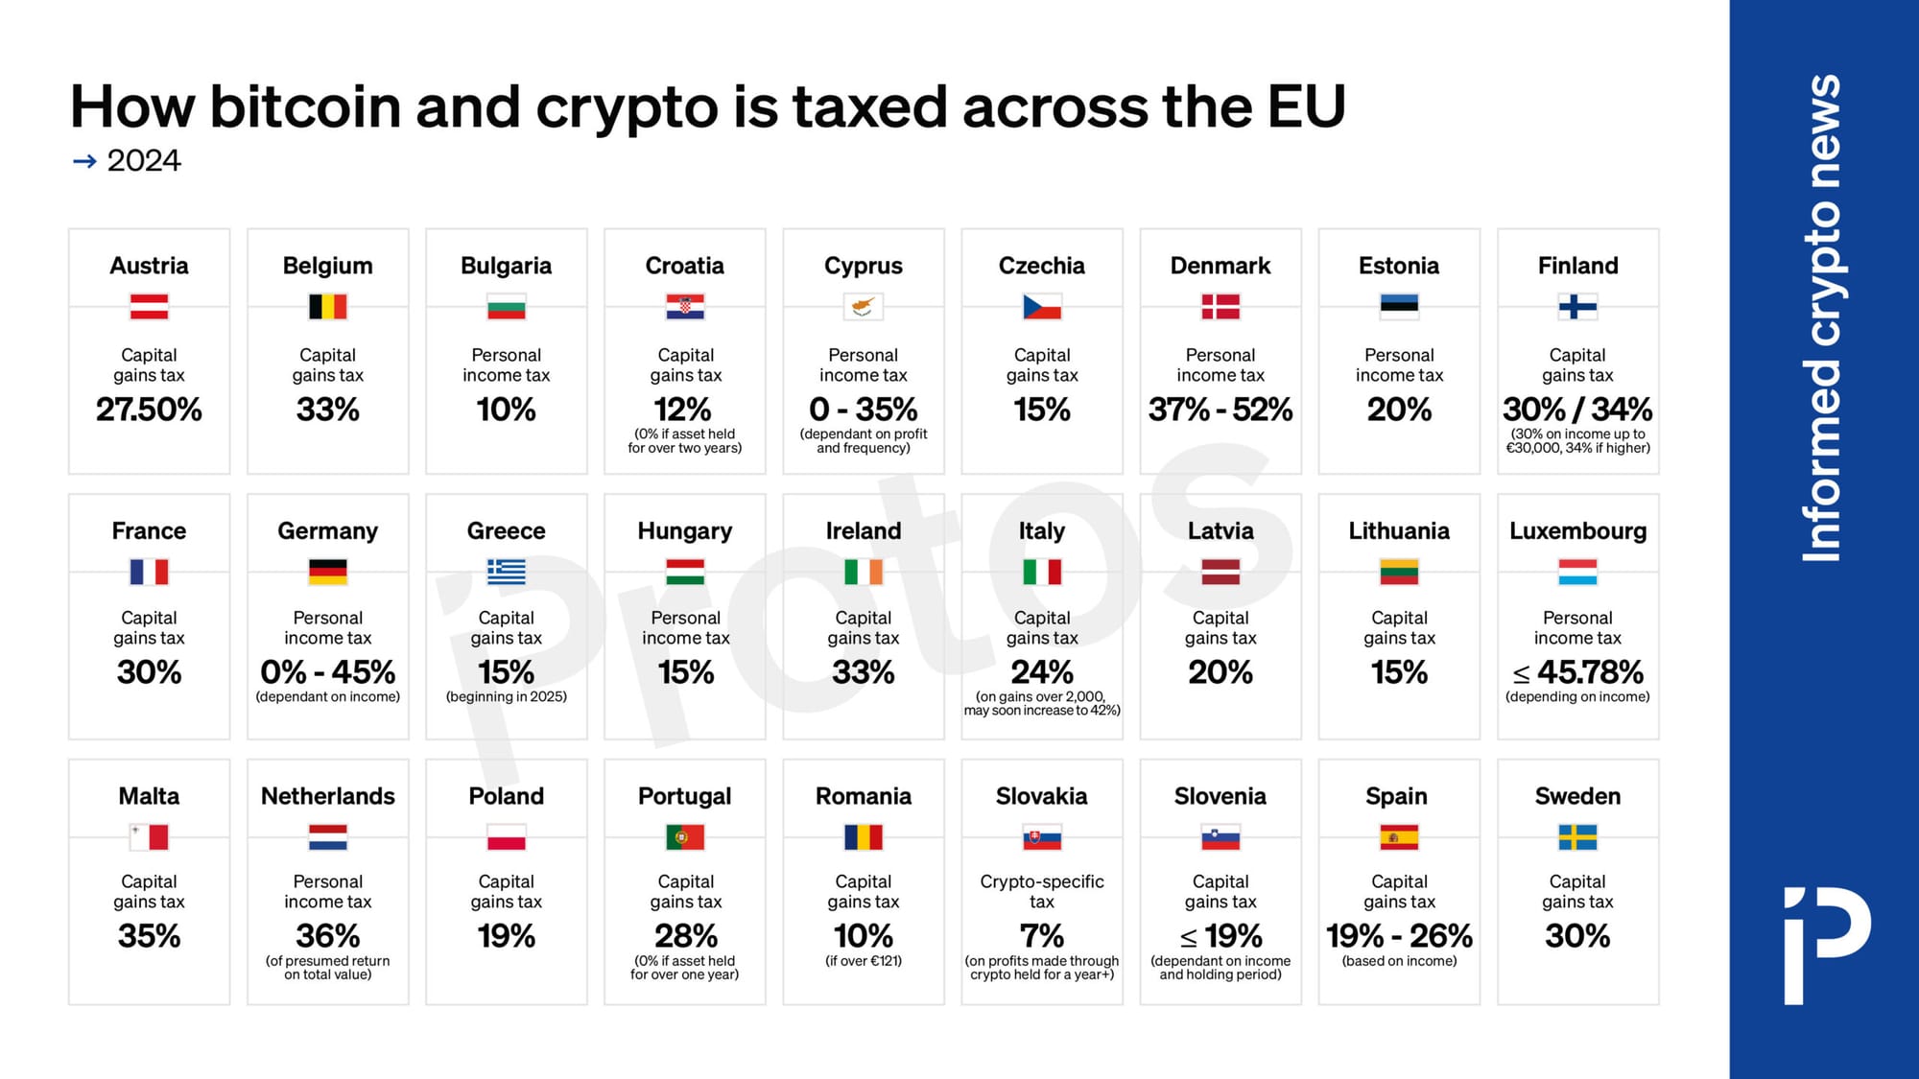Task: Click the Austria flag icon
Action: (x=149, y=307)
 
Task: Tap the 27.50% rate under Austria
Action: (x=149, y=410)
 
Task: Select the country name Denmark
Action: (x=1220, y=266)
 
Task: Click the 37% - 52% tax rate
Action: (x=1220, y=410)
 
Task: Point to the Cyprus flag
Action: (x=863, y=307)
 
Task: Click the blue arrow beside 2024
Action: (x=84, y=161)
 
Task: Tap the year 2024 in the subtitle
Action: (x=144, y=161)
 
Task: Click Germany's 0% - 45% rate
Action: (x=327, y=672)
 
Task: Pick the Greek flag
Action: (x=506, y=573)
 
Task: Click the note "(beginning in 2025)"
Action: (x=506, y=696)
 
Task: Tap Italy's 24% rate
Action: (x=1041, y=672)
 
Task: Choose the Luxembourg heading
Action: (x=1577, y=530)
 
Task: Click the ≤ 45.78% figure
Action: (x=1577, y=672)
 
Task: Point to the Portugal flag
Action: (x=684, y=837)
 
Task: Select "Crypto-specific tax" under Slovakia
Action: (x=1041, y=891)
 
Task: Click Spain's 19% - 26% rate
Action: (x=1398, y=935)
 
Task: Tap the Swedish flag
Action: (x=1577, y=837)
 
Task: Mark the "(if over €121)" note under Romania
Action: (x=863, y=961)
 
